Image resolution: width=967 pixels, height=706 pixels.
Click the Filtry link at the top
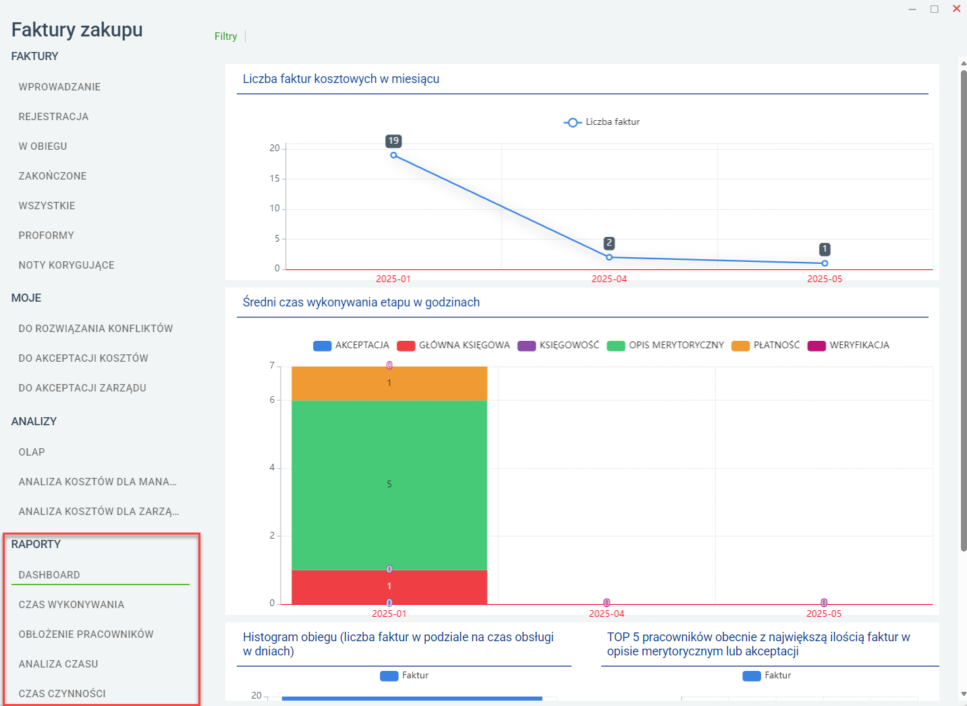[x=226, y=36]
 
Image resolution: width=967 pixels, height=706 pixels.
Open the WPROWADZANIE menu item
[x=59, y=87]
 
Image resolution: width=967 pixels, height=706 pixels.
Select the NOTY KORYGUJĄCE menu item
[x=67, y=265]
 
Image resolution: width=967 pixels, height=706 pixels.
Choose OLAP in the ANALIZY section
[x=32, y=452]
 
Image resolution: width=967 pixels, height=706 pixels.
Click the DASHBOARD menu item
[x=49, y=575]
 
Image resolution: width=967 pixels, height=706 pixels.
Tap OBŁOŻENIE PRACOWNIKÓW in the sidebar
[x=86, y=634]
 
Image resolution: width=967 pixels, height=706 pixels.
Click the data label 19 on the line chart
[x=393, y=141]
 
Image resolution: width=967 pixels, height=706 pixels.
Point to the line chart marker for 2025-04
[x=609, y=257]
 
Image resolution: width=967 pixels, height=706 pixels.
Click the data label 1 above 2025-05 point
[x=825, y=249]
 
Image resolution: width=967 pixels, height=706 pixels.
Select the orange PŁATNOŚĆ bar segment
[x=389, y=383]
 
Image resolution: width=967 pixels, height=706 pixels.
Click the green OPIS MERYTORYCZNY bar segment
[x=389, y=485]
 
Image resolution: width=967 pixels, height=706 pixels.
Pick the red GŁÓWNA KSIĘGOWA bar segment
[x=389, y=587]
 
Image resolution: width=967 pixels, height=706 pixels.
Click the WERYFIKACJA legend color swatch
[x=817, y=346]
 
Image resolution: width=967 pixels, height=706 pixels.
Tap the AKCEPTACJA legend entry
[x=351, y=346]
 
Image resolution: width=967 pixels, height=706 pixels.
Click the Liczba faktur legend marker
[x=572, y=123]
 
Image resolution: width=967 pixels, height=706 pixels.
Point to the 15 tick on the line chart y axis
[x=275, y=178]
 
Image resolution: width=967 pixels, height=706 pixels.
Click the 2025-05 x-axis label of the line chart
[x=825, y=279]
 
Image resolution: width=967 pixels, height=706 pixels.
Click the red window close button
[x=956, y=9]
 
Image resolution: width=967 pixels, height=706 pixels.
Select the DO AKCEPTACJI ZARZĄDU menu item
[x=82, y=388]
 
